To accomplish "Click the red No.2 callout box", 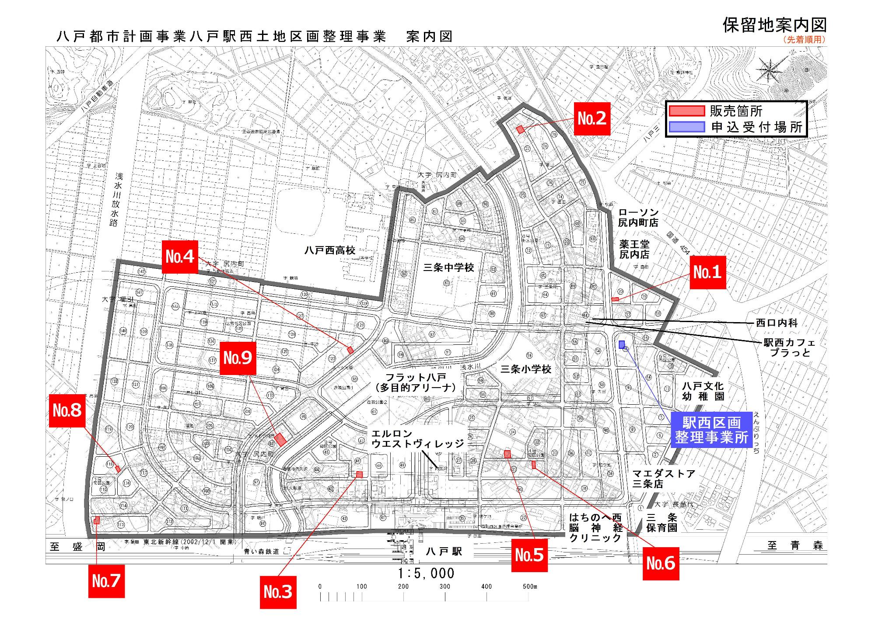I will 592,118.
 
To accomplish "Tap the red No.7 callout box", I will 106,581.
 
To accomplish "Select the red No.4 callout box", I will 180,257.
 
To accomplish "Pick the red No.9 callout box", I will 238,358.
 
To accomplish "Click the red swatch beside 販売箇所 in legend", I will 686,111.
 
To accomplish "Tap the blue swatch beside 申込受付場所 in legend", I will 686,127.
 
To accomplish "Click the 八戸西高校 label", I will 330,250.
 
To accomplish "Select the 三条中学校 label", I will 448,267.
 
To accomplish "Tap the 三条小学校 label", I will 525,369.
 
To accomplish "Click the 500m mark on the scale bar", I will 529,587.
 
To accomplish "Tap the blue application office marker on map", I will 622,344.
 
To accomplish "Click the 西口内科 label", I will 777,323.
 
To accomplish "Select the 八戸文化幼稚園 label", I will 703,391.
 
